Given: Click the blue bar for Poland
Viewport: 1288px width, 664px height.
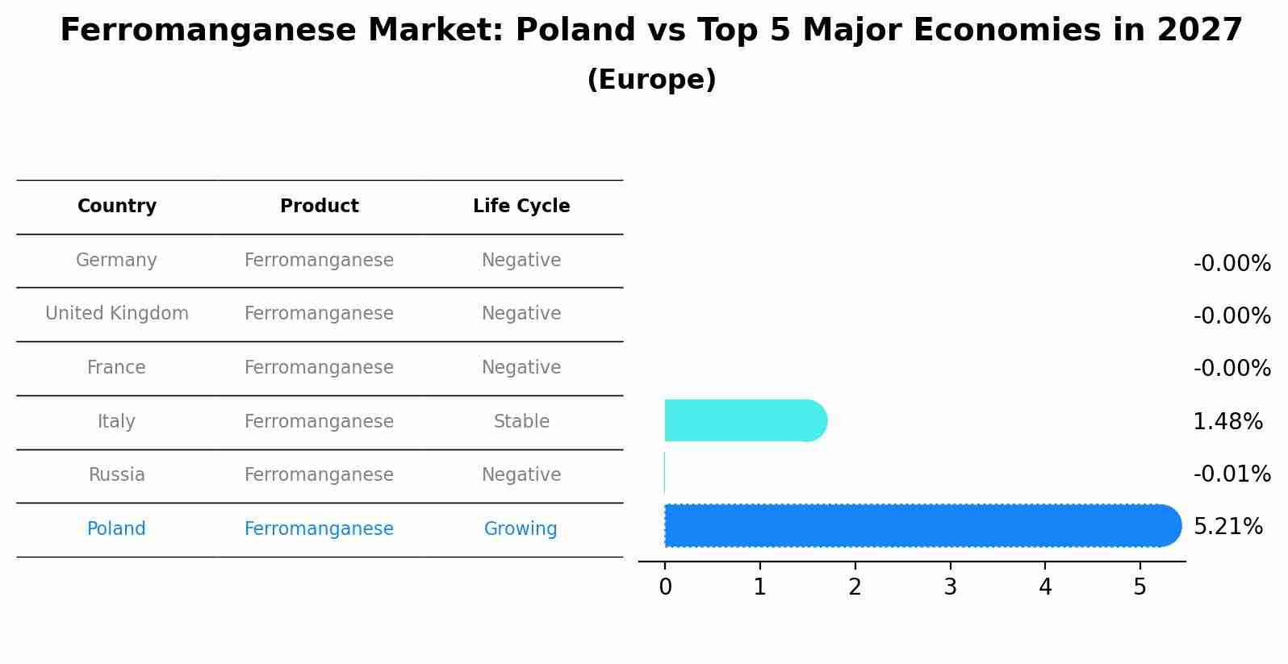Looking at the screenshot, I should (920, 526).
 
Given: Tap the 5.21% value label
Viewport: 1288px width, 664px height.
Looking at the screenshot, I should (1227, 527).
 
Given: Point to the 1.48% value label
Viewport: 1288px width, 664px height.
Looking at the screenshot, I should (1227, 421).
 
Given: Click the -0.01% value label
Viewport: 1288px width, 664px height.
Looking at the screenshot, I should (1232, 474).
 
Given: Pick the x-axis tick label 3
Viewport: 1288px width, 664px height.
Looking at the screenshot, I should (950, 587).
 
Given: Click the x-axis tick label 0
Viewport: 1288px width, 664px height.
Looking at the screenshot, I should (665, 587).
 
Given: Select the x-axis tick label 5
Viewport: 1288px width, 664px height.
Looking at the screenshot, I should (1140, 587).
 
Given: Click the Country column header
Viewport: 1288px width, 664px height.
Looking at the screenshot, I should (117, 207).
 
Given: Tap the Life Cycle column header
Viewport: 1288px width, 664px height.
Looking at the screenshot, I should (521, 207).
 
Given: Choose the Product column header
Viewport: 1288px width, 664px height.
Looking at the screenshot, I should (319, 207).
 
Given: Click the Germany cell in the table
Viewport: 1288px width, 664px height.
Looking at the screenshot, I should (116, 261).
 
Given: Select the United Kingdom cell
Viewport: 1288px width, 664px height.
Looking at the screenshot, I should (117, 314).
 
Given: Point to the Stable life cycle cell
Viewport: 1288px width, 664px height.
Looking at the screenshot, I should (521, 421).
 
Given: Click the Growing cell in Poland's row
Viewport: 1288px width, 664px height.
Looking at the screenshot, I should (521, 529).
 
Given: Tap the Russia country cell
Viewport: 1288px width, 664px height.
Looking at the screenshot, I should (116, 475).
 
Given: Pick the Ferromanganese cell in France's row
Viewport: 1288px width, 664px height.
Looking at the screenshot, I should (319, 368).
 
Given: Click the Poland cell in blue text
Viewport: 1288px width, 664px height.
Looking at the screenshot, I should (116, 529).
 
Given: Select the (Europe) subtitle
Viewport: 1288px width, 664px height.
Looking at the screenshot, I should (651, 80).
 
